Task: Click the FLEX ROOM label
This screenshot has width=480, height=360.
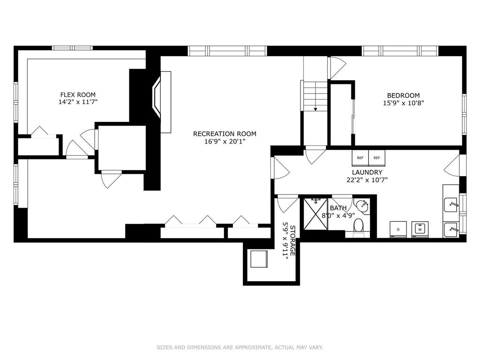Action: coord(78,95)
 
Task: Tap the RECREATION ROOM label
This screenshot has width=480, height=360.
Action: coord(225,134)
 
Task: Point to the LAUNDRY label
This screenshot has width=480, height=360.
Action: coord(367,172)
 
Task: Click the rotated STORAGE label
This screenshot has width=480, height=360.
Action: coord(292,241)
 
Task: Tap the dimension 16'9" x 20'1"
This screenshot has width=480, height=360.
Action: coord(225,142)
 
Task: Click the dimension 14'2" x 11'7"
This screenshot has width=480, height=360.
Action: coord(78,102)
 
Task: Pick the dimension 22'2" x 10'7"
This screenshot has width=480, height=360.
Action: coord(367,180)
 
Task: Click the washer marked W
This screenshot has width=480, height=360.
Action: coord(420,229)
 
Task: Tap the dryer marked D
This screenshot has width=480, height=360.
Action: coord(398,229)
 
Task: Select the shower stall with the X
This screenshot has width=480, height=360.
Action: coord(315,214)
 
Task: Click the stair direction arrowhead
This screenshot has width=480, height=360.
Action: coord(315,109)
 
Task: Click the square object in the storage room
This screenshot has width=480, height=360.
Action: coord(259,259)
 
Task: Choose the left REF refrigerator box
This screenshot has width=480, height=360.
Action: coord(360,157)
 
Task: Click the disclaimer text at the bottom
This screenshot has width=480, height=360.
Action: coord(240,347)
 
